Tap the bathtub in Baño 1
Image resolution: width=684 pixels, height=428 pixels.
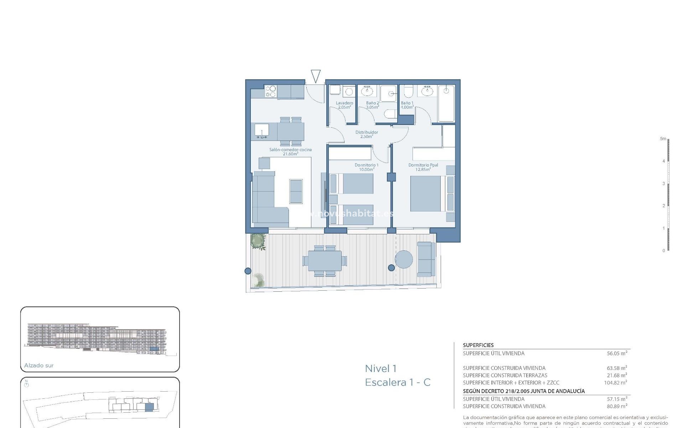[446, 103]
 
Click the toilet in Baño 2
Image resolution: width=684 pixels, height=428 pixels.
[391, 114]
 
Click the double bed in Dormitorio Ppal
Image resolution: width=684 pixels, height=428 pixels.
[426, 194]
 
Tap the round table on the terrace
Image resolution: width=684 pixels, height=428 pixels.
[404, 259]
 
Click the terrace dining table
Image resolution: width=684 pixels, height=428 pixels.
[324, 261]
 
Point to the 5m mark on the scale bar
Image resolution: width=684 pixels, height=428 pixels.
[663, 139]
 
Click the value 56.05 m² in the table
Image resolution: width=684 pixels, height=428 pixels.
[617, 353]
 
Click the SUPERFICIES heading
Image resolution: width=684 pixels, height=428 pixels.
[478, 345]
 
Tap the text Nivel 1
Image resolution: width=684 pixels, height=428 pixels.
[380, 368]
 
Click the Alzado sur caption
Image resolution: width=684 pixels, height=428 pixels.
[39, 365]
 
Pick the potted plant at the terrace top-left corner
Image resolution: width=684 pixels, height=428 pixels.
[258, 241]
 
